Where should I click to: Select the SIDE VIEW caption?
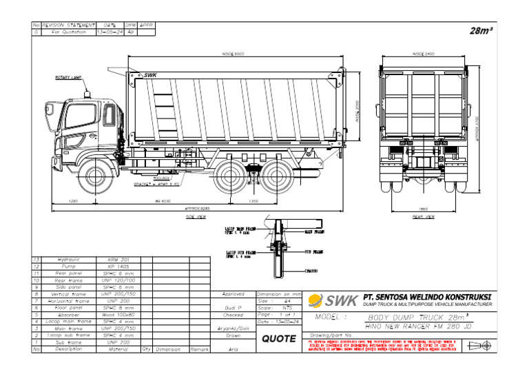196,216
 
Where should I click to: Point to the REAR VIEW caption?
422,216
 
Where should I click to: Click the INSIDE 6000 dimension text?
232,53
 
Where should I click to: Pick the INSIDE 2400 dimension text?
422,53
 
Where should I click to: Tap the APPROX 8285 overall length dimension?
196,207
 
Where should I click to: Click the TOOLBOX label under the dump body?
162,178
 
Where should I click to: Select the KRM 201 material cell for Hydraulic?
119,260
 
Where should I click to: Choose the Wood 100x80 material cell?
119,315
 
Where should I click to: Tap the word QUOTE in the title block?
279,339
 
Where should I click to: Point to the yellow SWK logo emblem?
315,300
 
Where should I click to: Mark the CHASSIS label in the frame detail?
311,271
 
